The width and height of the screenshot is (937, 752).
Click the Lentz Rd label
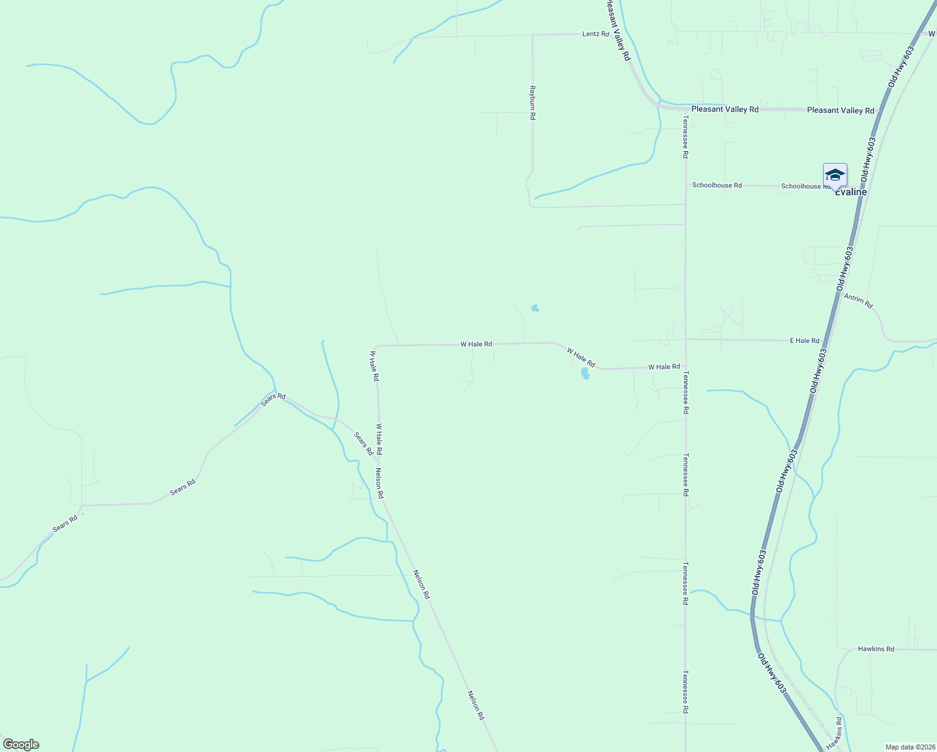coord(595,34)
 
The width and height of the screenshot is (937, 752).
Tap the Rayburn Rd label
coord(532,103)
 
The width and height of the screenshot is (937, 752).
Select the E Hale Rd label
coord(804,341)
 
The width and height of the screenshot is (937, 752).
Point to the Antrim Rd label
coord(858,301)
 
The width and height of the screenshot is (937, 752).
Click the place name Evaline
coord(851,192)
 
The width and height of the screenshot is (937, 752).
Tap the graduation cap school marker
coord(835,175)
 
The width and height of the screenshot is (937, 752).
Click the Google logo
coord(20,744)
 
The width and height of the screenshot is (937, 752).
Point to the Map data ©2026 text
coord(909,747)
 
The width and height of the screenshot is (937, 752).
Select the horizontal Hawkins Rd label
coord(876,649)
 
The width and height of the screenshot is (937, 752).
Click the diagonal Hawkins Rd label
coord(834,733)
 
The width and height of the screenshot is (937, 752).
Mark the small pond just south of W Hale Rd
coord(585,373)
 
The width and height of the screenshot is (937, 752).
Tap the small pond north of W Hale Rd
coord(535,308)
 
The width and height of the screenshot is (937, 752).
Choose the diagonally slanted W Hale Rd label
coord(581,357)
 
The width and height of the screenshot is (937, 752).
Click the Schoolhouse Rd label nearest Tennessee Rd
coord(717,185)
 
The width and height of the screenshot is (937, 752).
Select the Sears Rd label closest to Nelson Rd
coord(363,443)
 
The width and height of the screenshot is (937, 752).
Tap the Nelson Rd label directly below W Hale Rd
coord(380,483)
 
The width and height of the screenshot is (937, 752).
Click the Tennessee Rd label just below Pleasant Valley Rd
coord(686,136)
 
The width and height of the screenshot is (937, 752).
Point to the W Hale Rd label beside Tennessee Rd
coord(664,367)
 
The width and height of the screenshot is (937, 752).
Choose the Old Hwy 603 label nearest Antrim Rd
coord(844,268)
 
